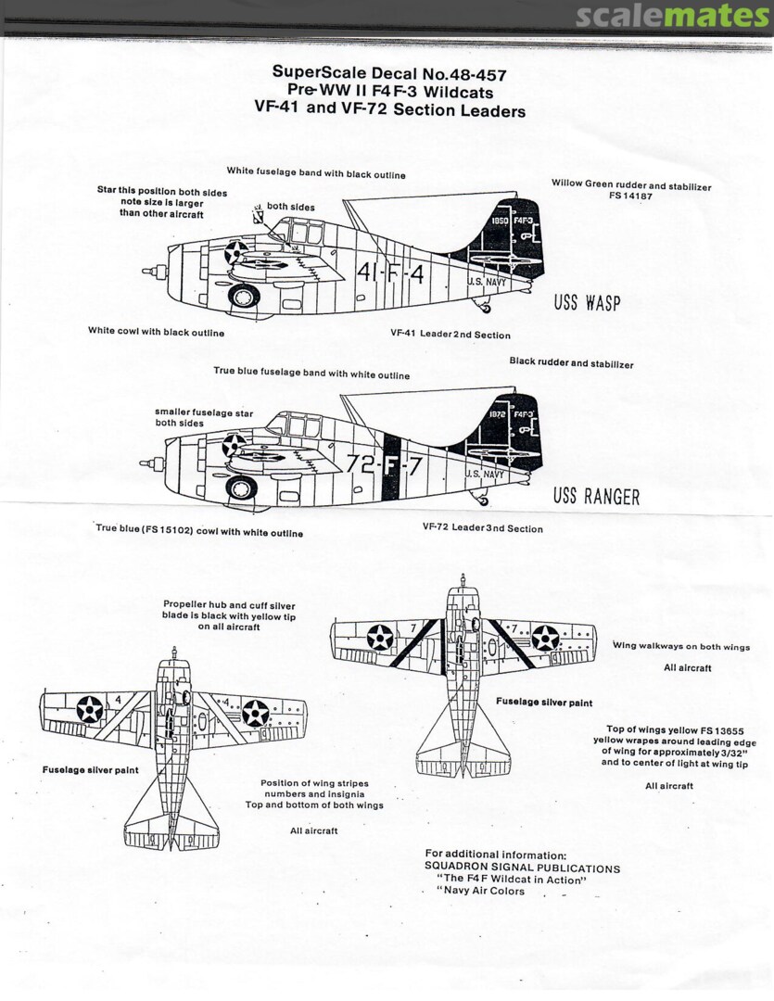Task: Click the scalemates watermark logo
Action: [x=672, y=17]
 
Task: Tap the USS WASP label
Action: [x=587, y=303]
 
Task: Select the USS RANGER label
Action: [x=596, y=496]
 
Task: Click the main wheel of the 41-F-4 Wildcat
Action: [x=243, y=297]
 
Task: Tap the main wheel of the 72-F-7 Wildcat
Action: [x=241, y=488]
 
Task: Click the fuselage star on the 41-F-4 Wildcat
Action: [x=236, y=251]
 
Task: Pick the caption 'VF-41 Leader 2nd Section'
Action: [x=450, y=335]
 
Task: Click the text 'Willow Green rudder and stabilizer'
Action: [x=631, y=185]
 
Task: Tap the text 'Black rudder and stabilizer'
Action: [x=571, y=363]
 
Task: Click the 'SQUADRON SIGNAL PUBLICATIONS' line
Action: [x=522, y=868]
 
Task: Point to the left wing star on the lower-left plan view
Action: [x=89, y=708]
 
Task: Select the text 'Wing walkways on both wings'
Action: [x=681, y=647]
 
